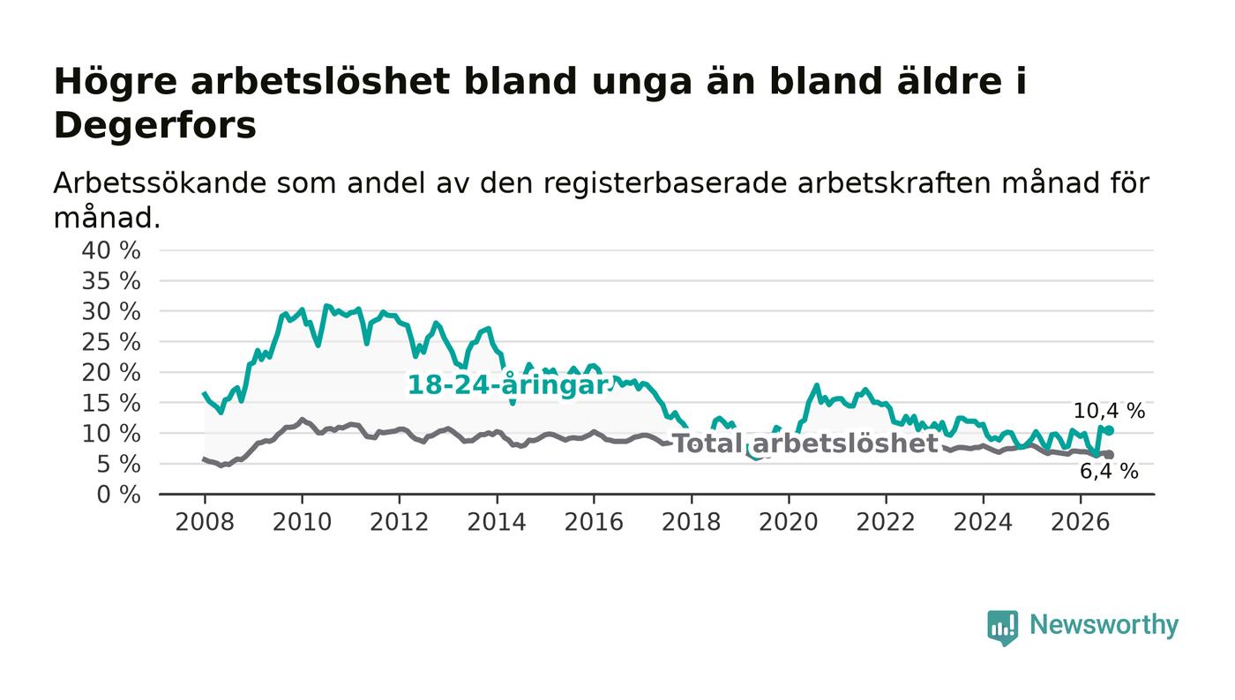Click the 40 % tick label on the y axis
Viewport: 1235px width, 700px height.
(111, 250)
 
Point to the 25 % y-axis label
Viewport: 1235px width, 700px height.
(111, 343)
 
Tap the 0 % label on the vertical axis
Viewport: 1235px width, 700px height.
(118, 495)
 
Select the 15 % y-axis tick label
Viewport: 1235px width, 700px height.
(111, 404)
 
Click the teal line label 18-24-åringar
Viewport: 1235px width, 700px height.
(508, 384)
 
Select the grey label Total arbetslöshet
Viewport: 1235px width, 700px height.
(805, 443)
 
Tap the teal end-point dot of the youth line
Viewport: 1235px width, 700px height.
(1110, 430)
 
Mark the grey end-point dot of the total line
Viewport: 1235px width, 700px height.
(1110, 455)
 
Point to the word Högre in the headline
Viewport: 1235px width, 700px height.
(116, 82)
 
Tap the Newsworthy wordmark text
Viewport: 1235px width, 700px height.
(1104, 624)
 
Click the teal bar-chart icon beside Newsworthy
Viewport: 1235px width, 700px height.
(1002, 628)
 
